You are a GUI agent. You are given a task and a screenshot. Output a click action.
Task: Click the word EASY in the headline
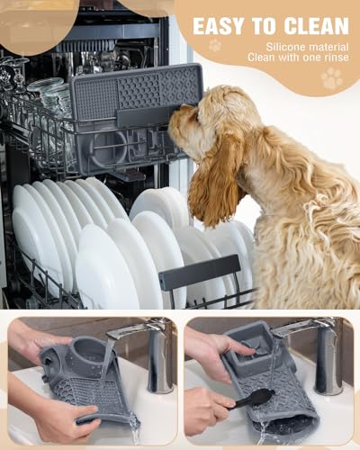(x=224, y=25)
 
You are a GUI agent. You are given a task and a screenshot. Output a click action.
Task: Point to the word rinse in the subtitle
(x=329, y=58)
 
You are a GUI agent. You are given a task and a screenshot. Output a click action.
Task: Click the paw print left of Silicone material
(x=215, y=45)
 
